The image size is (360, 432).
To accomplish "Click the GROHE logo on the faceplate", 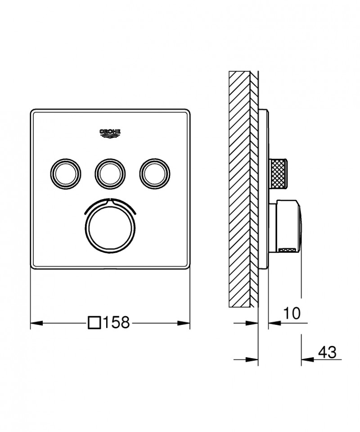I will point(110,132).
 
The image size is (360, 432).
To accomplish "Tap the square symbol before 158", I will point(94,323).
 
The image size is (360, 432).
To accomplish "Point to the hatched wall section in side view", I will point(243,189).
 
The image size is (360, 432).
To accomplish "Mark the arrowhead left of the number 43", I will point(306,359).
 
